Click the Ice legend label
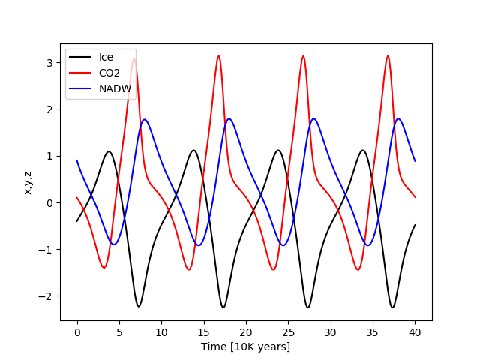pos(106,57)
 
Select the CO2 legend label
pos(109,73)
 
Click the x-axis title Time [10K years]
pos(245,346)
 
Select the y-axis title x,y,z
pos(28,182)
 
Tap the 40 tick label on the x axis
pos(415,331)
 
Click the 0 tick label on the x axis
pos(77,331)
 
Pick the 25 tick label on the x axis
pos(288,331)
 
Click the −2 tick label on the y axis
pos(48,296)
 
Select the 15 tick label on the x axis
pos(203,331)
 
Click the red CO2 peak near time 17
pos(219,55)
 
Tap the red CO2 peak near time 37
pos(388,55)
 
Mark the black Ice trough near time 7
pos(138,306)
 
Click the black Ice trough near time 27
pos(307,307)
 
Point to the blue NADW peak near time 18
pos(229,118)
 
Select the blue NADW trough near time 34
pos(367,245)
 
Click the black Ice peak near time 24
pos(278,150)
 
